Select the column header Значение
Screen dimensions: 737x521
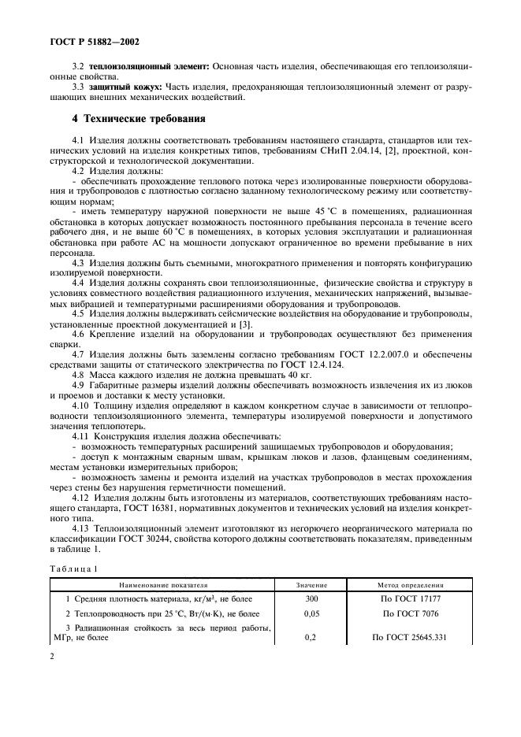pyautogui.click(x=311, y=585)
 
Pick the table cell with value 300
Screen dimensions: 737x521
pyautogui.click(x=311, y=598)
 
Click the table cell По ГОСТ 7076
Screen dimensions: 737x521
pyautogui.click(x=409, y=612)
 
